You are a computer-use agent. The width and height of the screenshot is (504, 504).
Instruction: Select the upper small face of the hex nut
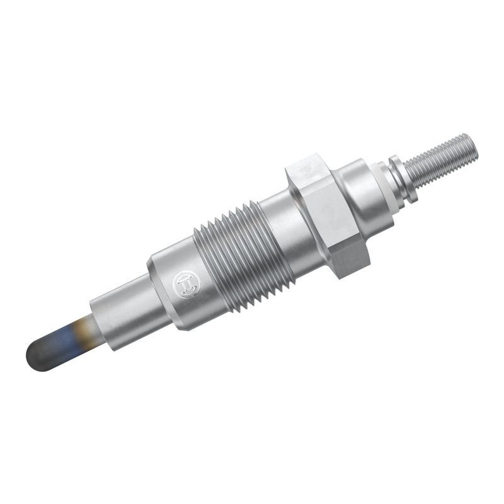click(x=305, y=165)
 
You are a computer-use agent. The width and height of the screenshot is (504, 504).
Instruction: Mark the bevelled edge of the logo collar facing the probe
click(x=155, y=283)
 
